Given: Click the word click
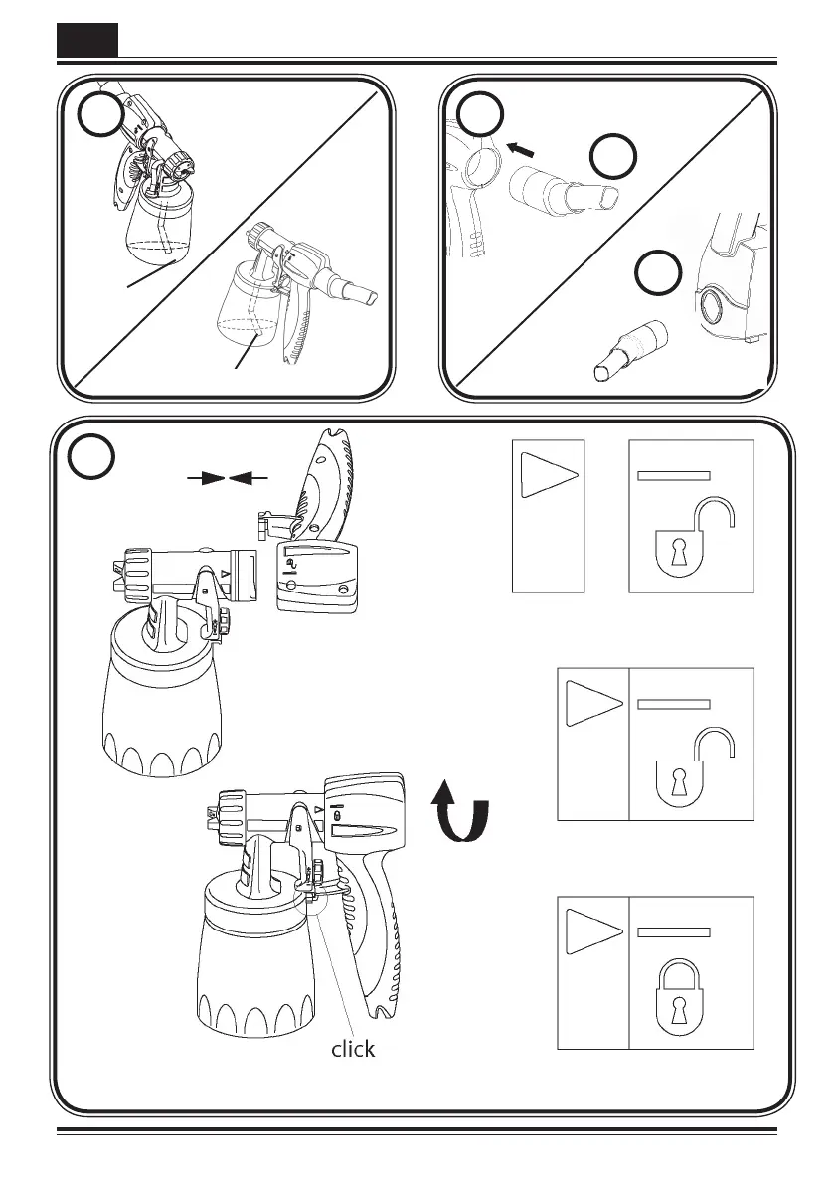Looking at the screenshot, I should point(353,1048).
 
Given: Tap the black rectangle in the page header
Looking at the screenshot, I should point(86,40).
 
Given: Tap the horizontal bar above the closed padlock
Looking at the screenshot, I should point(673,932).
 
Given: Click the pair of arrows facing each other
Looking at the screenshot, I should point(228,479).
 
